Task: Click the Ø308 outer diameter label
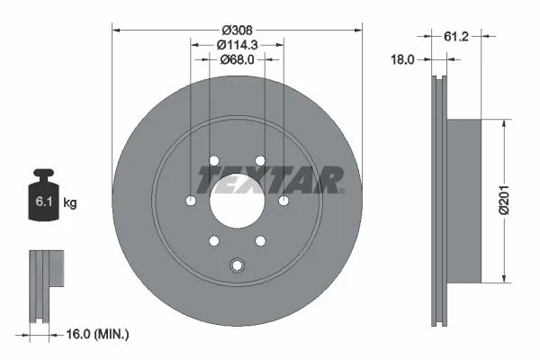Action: click(x=237, y=31)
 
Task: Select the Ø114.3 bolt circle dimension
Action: click(x=238, y=45)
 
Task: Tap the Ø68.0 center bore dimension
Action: click(x=237, y=59)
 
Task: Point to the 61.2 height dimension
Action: click(x=456, y=36)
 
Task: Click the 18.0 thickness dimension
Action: click(x=402, y=59)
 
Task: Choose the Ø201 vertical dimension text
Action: click(x=504, y=200)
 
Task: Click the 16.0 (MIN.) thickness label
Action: click(x=97, y=334)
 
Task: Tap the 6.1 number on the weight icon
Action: click(x=44, y=202)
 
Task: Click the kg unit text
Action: click(x=70, y=202)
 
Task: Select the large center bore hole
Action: click(x=238, y=201)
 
